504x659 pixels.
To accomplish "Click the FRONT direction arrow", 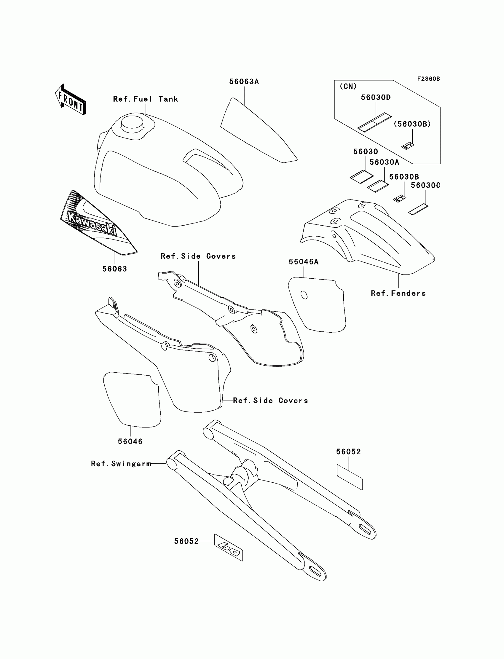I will pyautogui.click(x=71, y=100).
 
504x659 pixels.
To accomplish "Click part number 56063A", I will pyautogui.click(x=244, y=82).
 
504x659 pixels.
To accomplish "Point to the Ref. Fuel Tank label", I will pyautogui.click(x=146, y=99).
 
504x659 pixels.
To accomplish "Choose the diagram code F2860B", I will pyautogui.click(x=428, y=79).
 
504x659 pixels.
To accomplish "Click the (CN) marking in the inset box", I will pyautogui.click(x=348, y=86).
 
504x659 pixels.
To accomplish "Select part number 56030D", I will pyautogui.click(x=376, y=98).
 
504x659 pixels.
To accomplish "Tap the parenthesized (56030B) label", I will pyautogui.click(x=412, y=124).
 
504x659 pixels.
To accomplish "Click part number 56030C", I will pyautogui.click(x=425, y=185).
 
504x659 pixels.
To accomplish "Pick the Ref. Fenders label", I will pyautogui.click(x=398, y=293).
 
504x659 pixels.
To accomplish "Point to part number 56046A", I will pyautogui.click(x=304, y=262).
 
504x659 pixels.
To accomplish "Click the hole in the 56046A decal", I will pyautogui.click(x=304, y=295).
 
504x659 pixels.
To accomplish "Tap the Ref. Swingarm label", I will pyautogui.click(x=121, y=464).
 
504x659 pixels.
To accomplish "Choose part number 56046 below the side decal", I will pyautogui.click(x=130, y=441).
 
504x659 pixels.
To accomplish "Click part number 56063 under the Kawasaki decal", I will pyautogui.click(x=115, y=269).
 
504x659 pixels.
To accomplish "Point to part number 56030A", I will pyautogui.click(x=384, y=162).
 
